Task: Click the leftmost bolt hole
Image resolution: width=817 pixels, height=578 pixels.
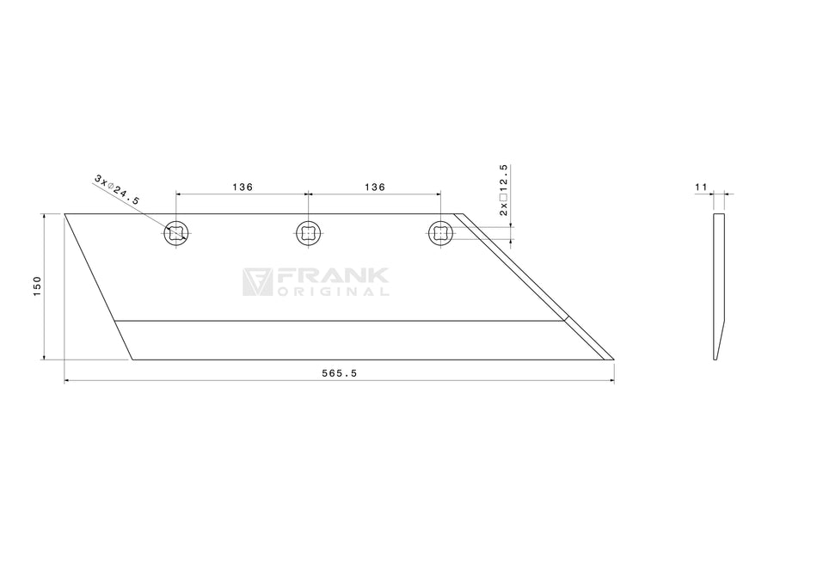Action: (176, 232)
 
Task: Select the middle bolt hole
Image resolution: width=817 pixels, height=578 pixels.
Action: (309, 232)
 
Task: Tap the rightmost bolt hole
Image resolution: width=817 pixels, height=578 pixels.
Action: (440, 232)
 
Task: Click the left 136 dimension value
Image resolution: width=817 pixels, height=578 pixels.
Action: (242, 187)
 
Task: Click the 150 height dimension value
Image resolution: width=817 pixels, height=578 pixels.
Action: (37, 286)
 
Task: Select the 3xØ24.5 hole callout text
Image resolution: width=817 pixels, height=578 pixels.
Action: (117, 188)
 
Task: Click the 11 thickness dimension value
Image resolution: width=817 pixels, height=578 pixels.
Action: (700, 186)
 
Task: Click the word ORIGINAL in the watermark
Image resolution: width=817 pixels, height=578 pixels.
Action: (333, 292)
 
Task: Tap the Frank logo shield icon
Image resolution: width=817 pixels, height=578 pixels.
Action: (256, 281)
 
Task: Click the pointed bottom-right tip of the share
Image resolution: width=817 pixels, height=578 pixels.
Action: (611, 359)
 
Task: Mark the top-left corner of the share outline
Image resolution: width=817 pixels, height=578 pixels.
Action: (65, 214)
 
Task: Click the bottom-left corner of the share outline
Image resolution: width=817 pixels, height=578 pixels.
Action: (132, 360)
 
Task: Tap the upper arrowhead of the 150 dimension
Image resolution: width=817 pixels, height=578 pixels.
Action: (44, 218)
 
